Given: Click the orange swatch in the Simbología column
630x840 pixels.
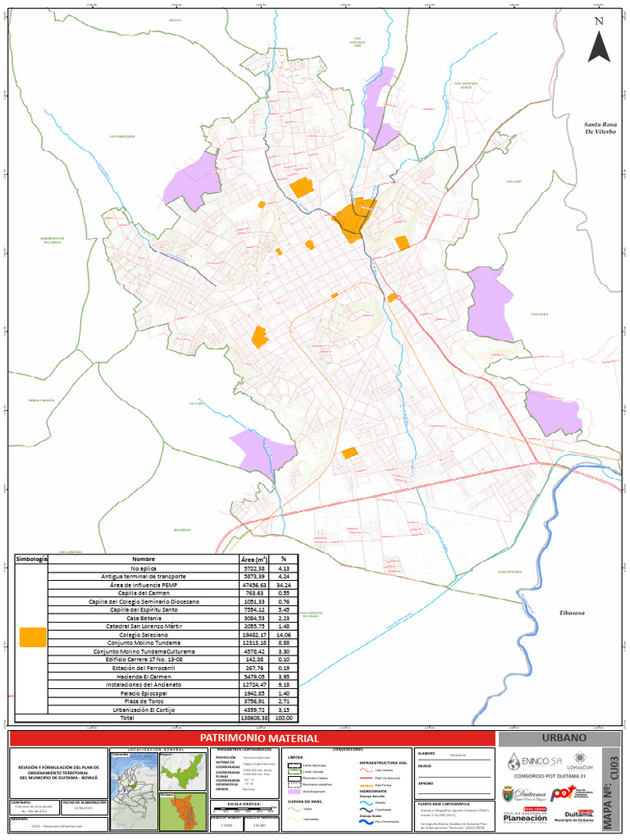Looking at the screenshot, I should (33, 637).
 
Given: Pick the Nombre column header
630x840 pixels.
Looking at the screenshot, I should (144, 559).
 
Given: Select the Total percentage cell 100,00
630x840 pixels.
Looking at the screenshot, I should (285, 718).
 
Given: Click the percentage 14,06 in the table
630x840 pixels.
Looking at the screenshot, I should (285, 635).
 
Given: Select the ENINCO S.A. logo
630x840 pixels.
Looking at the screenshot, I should (532, 760).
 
